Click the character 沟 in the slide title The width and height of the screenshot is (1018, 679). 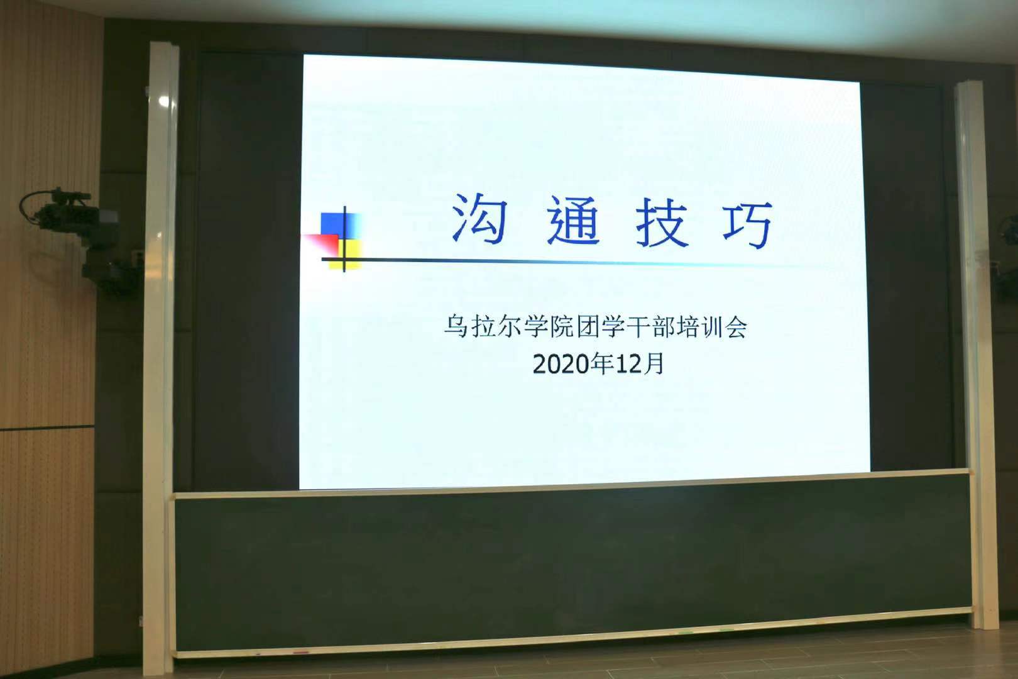tap(479, 218)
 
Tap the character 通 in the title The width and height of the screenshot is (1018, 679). tap(574, 221)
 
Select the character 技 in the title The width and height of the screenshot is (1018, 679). tap(662, 223)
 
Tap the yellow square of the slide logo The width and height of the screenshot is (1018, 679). tap(346, 255)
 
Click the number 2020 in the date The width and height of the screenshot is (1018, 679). tap(560, 364)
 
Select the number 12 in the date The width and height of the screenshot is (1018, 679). tap(627, 364)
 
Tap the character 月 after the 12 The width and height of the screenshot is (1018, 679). tap(652, 364)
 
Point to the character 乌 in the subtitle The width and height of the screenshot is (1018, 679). tap(456, 326)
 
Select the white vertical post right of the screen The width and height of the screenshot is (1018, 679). tap(976, 355)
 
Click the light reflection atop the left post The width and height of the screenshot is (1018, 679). tap(163, 101)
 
